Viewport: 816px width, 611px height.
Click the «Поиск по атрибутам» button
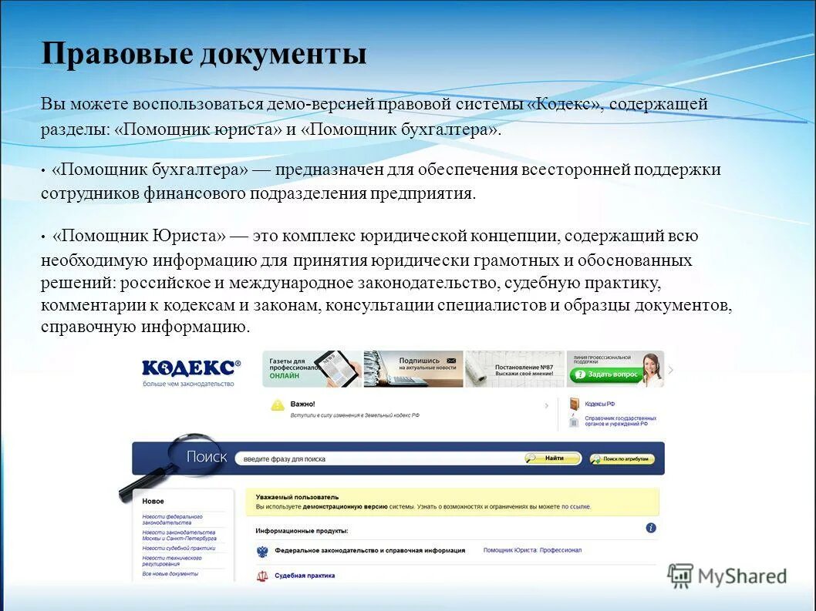622,459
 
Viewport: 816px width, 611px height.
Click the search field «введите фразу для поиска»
378,459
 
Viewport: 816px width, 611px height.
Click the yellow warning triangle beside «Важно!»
277,405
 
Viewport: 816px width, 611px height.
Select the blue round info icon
651,528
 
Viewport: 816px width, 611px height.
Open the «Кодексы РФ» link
600,404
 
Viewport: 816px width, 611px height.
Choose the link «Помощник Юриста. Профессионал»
532,550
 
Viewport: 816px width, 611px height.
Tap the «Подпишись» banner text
419,360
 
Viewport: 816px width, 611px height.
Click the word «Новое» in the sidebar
153,502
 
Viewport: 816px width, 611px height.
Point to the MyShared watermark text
741,576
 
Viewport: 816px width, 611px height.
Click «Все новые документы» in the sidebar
170,573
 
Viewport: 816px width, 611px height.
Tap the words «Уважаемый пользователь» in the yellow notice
297,497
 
